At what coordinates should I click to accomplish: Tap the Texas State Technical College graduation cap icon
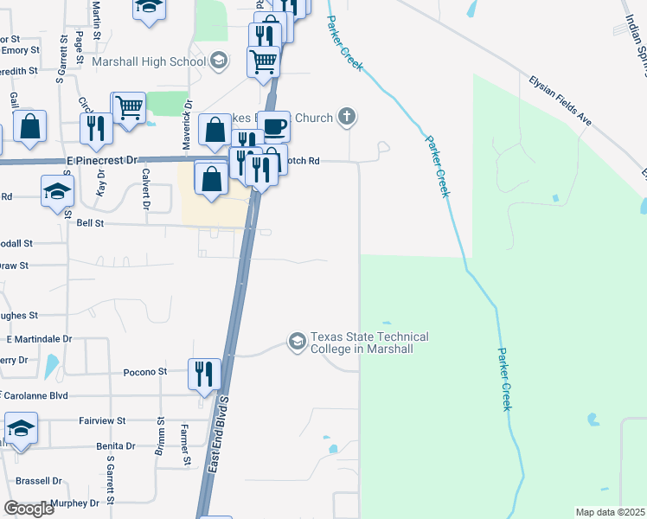298,342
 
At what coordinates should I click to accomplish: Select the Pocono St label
144,371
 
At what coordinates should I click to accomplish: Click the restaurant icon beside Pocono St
204,375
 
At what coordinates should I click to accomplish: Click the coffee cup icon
274,126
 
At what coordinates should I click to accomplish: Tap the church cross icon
346,117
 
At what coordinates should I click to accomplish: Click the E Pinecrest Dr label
100,160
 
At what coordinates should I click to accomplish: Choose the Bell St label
90,223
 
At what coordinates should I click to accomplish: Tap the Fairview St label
103,420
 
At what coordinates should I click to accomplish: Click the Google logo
29,509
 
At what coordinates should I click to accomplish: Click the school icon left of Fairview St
21,429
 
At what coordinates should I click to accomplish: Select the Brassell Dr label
39,480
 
